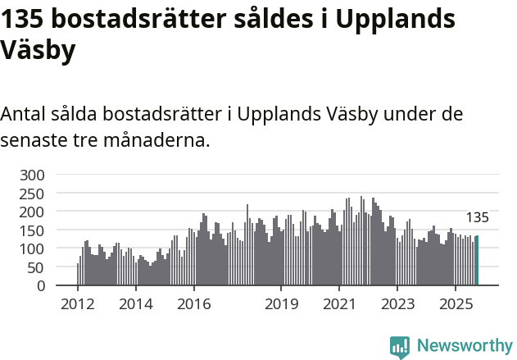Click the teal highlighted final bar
(x=478, y=261)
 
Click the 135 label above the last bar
(x=477, y=217)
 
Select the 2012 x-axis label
(x=78, y=304)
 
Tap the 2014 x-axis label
(x=136, y=304)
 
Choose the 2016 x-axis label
(x=193, y=304)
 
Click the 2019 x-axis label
(x=281, y=304)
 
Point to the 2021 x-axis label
(x=338, y=304)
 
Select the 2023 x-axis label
(x=397, y=304)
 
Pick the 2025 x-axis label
(x=455, y=304)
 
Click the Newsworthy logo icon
(x=400, y=347)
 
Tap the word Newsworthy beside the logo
(x=464, y=347)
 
